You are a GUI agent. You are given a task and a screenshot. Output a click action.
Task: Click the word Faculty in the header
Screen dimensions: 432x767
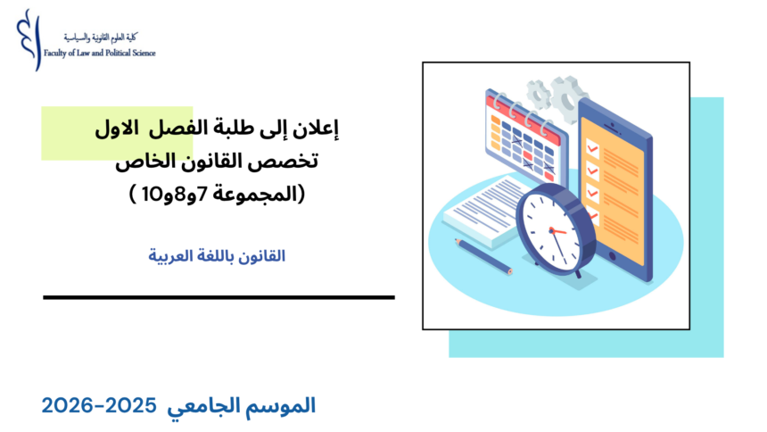[58, 54]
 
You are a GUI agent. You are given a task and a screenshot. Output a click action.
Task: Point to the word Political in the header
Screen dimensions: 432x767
[113, 54]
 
